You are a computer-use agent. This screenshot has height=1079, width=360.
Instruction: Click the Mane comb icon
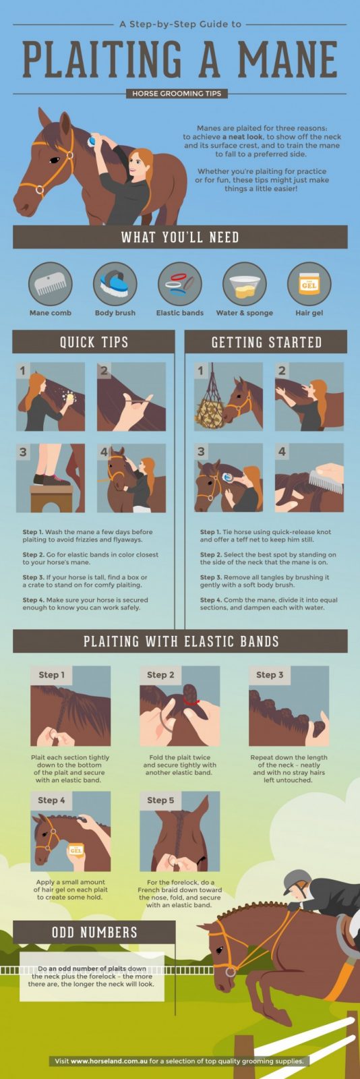51,284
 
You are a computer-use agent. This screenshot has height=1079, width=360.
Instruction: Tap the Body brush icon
115,284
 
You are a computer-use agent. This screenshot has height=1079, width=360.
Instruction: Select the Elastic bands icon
180,284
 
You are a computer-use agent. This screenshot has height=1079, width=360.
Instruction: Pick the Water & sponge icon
245,284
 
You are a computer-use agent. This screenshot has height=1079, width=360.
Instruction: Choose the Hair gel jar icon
309,284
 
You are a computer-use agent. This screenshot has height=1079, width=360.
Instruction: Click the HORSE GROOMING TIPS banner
177,94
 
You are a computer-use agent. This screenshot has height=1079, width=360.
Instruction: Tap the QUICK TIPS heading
94,342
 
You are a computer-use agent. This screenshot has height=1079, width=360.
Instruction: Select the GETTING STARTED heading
266,342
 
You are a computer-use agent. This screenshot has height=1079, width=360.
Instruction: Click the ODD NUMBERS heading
94,932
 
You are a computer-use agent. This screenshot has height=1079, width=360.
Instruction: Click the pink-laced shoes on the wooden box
51,479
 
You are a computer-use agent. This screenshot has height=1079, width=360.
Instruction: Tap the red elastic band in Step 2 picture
191,702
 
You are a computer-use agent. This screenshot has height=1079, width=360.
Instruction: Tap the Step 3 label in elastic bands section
270,675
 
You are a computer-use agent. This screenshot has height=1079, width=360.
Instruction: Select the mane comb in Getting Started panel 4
326,482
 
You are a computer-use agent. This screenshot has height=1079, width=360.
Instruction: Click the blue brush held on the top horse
92,141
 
